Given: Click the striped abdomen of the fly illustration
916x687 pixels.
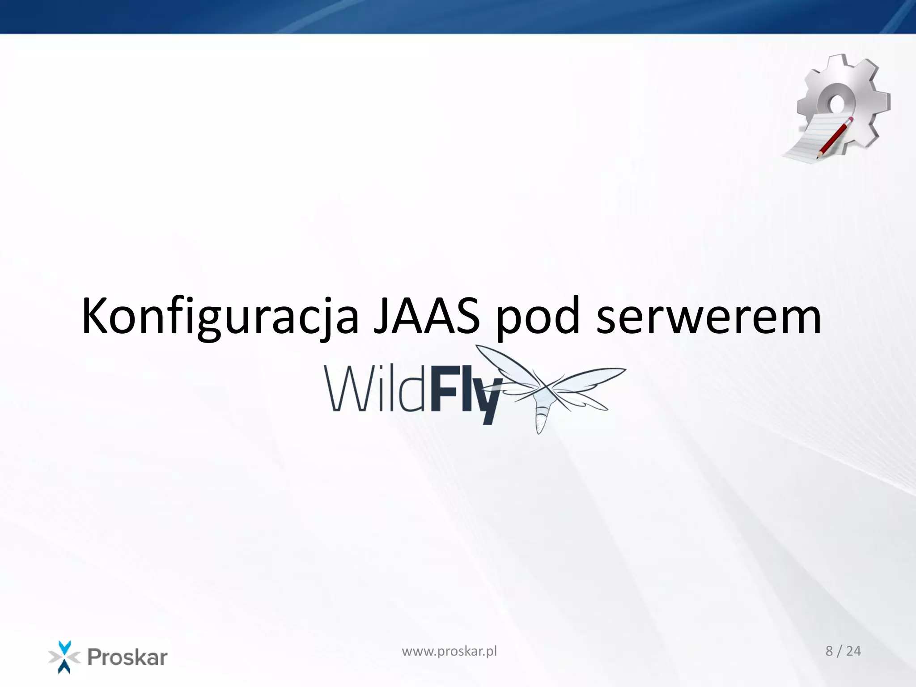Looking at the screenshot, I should (x=541, y=419).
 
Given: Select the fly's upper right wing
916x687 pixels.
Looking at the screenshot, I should (x=590, y=376).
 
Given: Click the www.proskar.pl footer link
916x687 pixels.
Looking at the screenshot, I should (x=449, y=651).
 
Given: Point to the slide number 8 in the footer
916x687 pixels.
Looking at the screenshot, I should (x=829, y=651).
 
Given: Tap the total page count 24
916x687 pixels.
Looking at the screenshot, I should (x=853, y=651).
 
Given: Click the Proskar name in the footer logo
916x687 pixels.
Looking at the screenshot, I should (x=127, y=657).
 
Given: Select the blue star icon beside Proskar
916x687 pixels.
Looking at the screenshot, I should (x=64, y=657).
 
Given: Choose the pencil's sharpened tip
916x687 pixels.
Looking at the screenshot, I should (x=818, y=157).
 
